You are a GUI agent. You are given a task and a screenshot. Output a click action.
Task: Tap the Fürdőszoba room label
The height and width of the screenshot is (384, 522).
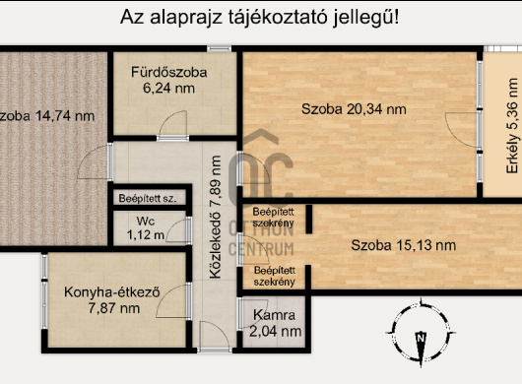[x=169, y=70]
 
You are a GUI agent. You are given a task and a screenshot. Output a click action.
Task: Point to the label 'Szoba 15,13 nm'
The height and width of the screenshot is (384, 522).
[x=403, y=245]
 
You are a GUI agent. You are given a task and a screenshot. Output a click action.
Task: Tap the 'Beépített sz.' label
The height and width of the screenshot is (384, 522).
[x=148, y=198]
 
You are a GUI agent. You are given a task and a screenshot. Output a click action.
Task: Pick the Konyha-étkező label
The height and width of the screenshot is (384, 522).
[x=112, y=291]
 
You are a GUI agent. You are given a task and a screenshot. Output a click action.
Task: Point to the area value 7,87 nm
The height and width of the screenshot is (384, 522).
[x=112, y=308]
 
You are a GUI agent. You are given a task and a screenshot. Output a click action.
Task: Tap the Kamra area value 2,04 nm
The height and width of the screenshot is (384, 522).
[x=276, y=332]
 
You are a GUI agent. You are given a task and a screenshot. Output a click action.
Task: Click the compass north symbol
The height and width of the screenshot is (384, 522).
[x=421, y=338]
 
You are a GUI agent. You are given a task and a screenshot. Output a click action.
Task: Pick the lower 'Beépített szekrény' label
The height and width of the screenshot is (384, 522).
[x=273, y=276]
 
